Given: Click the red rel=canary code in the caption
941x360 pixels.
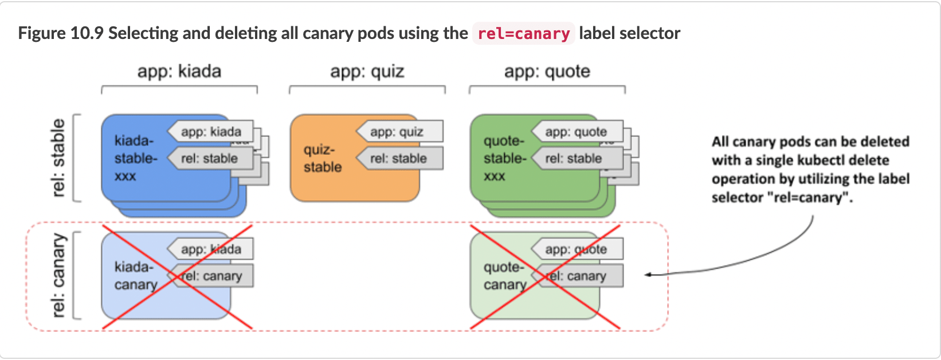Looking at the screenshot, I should pos(523,34).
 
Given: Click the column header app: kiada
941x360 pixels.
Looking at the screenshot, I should pos(179,72).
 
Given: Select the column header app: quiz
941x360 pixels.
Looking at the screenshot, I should pos(367,72).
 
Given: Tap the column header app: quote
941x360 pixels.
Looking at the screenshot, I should pos(547,72).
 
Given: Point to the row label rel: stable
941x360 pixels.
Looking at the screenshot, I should pos(58,158).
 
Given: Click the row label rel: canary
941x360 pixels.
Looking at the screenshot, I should pos(58,275).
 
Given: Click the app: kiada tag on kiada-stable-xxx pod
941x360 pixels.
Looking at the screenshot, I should pos(211,132).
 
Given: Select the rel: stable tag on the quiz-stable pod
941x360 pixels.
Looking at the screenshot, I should pos(399,159).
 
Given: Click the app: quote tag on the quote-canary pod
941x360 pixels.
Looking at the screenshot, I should pos(575,249).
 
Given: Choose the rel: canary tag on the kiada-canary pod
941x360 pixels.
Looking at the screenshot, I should pos(211,276).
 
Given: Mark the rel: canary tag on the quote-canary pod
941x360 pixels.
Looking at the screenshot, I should pos(576,276).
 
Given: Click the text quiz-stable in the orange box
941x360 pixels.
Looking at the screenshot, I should pos(323,159).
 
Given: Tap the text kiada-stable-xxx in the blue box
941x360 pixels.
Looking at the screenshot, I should pos(135,158).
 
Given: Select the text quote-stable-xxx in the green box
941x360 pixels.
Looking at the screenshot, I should pos(504,158).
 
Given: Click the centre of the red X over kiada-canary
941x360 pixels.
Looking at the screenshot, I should pos(177,277).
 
